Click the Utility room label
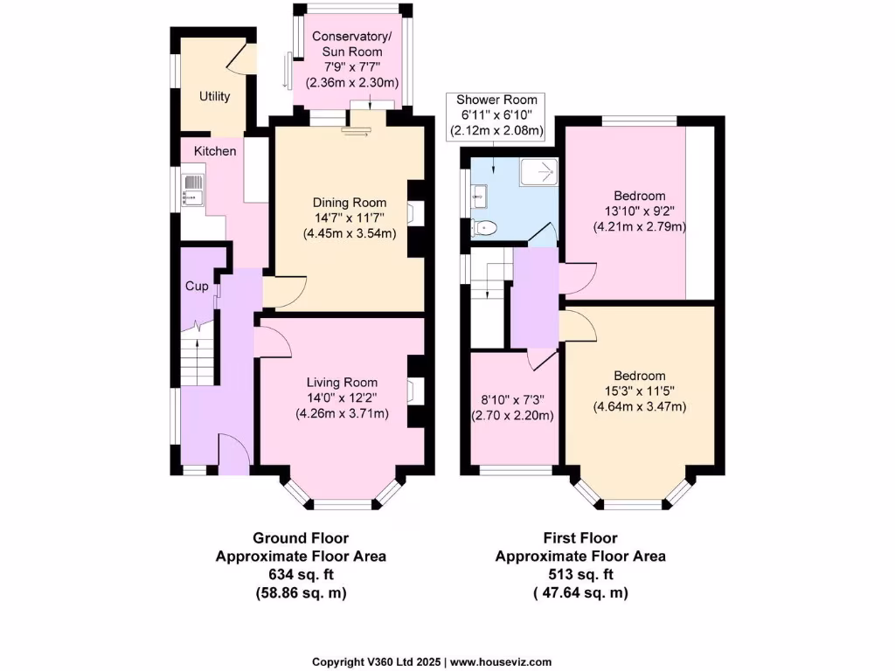[x=214, y=96]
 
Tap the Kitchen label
[x=215, y=151]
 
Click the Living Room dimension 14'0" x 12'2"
[x=342, y=398]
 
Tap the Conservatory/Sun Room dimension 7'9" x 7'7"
[x=352, y=67]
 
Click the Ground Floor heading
[x=301, y=538]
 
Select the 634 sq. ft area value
[x=301, y=574]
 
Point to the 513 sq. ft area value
[x=580, y=574]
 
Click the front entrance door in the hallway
[x=233, y=453]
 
